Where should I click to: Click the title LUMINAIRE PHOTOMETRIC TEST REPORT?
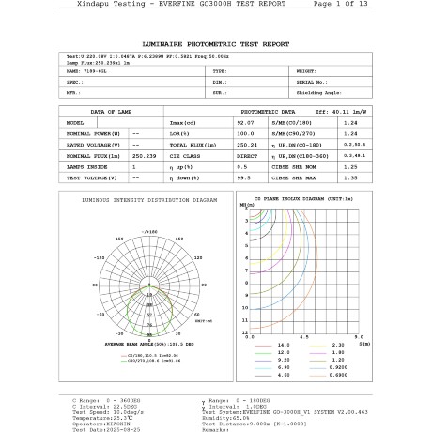215,44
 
